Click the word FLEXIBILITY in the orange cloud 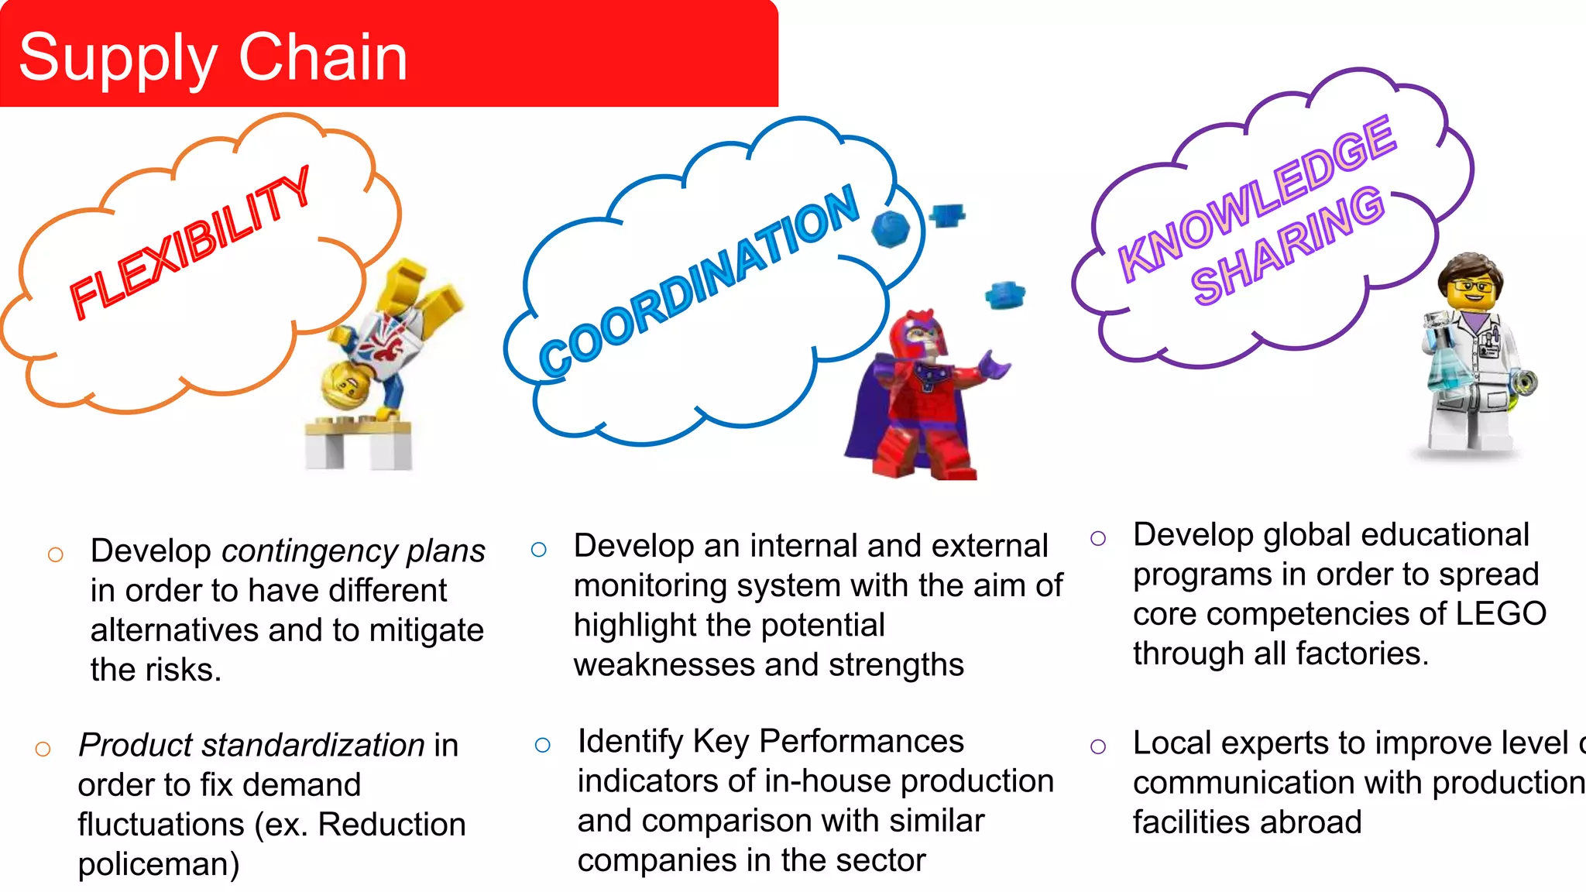(190, 244)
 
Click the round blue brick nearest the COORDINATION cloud (890, 229)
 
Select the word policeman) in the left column (159, 864)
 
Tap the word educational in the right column (1445, 535)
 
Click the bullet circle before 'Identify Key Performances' (543, 746)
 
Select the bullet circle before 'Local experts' (1097, 747)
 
